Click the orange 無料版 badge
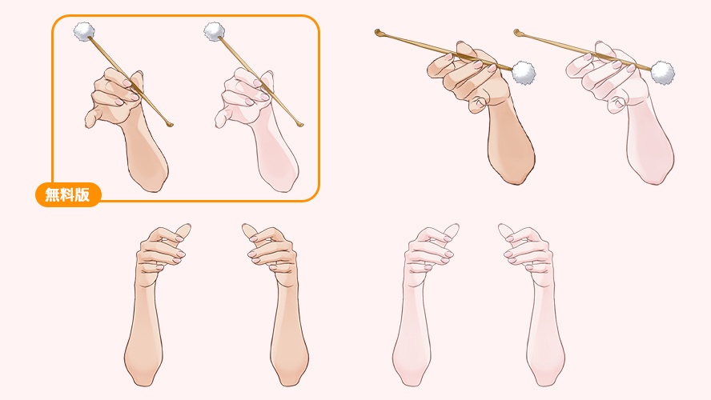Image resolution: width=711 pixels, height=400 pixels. [x=68, y=194]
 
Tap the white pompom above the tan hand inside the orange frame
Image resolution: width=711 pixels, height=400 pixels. [x=84, y=31]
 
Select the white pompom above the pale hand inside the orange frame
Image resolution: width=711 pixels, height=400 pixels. [x=214, y=31]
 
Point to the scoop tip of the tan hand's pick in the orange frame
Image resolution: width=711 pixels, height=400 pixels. [x=170, y=125]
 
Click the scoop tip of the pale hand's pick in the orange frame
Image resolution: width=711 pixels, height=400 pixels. [x=299, y=125]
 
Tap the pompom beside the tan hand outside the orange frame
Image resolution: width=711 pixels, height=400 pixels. [x=524, y=73]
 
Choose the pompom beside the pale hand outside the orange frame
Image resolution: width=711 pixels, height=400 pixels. [x=662, y=73]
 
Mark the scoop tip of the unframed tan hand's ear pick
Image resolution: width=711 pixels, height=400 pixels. [x=378, y=32]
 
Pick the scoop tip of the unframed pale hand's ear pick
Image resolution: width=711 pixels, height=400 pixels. [x=517, y=32]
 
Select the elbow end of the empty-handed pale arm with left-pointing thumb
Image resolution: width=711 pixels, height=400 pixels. [x=545, y=378]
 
